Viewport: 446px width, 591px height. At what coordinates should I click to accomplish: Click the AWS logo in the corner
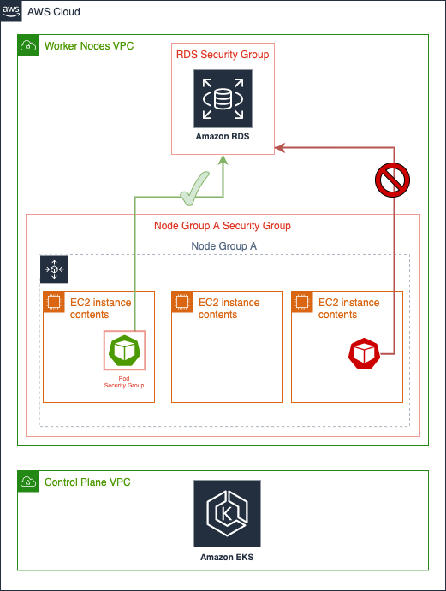11,11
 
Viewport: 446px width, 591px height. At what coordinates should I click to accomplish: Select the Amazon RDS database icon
223,98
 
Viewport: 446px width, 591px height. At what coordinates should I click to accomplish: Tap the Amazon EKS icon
227,513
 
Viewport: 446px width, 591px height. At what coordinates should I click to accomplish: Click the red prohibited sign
392,180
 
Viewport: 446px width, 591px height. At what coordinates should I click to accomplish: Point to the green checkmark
194,188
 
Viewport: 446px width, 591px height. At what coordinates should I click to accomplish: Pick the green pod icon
124,350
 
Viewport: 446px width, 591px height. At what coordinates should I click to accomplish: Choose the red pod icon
364,353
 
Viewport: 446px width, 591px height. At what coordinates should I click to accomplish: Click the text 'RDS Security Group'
223,55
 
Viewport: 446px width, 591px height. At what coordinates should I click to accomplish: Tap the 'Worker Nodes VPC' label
89,46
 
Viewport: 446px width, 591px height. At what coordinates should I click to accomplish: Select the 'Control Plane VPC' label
87,482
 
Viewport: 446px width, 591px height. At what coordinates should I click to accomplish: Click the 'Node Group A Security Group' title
223,226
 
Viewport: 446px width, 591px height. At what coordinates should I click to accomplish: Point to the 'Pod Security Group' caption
124,381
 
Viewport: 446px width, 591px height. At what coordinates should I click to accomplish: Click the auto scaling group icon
54,269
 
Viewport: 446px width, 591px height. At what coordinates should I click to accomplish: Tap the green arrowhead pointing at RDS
223,160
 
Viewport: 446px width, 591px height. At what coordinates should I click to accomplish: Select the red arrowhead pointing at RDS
280,148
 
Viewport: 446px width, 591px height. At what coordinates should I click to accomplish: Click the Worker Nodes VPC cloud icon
28,45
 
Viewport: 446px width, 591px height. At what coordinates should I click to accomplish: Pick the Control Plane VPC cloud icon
28,482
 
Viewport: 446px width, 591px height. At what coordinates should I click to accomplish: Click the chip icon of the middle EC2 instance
182,302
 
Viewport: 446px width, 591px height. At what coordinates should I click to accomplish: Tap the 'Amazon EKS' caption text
227,557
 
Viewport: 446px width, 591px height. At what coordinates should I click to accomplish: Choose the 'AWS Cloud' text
54,12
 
